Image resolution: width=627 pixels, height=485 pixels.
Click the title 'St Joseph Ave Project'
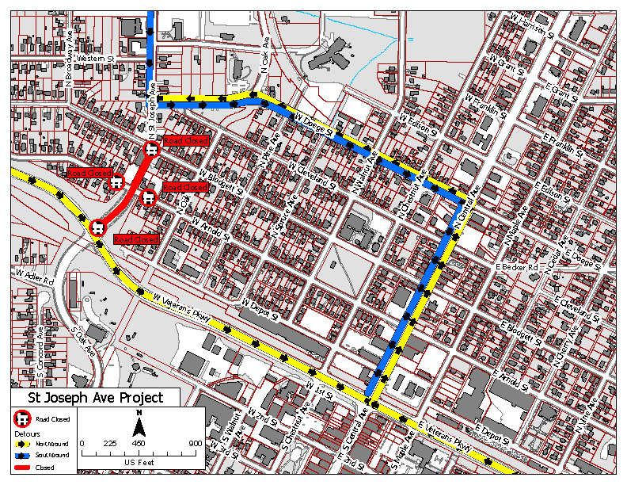[x=95, y=398]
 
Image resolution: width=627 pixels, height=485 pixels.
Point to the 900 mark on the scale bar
[x=195, y=443]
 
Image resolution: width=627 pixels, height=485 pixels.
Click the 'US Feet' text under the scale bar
[x=139, y=461]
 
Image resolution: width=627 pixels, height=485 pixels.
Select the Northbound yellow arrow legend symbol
[x=23, y=445]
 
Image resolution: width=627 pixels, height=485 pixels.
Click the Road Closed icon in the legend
[x=23, y=418]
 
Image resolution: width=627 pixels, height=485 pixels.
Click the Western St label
[x=96, y=58]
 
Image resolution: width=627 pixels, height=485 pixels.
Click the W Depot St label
[x=261, y=308]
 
